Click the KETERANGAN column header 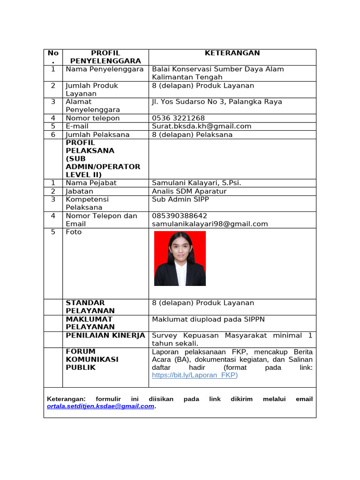click(232, 53)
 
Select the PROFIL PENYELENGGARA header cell click(105, 57)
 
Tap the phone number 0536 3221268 click(178, 118)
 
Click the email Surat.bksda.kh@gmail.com click(202, 126)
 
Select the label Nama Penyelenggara click(104, 69)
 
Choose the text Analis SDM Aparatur click(189, 191)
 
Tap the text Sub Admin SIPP click(180, 199)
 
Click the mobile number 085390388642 click(180, 216)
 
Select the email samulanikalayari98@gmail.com click(210, 224)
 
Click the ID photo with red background click(180, 258)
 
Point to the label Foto click(74, 232)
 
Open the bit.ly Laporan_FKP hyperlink click(195, 375)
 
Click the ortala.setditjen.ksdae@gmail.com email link click(101, 406)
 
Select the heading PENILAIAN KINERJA click(105, 335)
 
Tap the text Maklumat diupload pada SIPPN click(208, 319)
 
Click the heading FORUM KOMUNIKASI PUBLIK click(92, 359)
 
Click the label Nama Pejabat click(91, 183)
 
